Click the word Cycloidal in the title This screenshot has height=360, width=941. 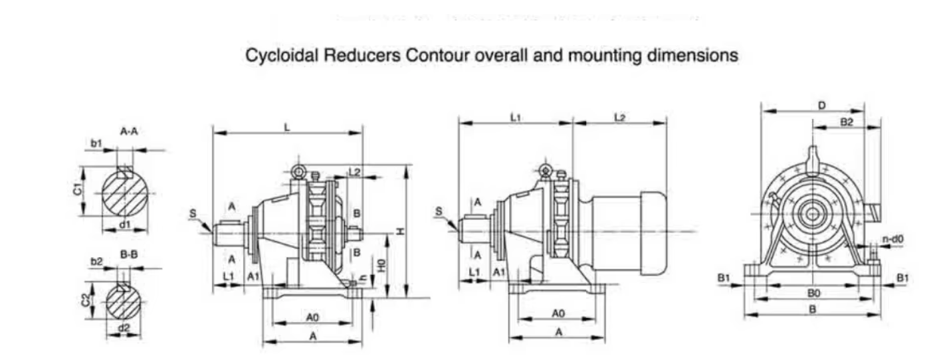click(282, 56)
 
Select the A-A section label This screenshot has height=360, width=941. click(129, 132)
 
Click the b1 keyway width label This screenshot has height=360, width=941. click(97, 143)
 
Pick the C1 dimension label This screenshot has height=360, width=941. click(78, 190)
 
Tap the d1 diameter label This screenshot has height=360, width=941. click(125, 225)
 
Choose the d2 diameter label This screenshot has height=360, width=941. click(124, 328)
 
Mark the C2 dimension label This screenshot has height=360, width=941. click(85, 300)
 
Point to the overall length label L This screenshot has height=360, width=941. click(287, 126)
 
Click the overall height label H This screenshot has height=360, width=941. click(399, 230)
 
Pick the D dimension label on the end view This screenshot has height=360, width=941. click(822, 105)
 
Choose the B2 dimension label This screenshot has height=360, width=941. click(846, 122)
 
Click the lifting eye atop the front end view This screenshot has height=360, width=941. click(813, 158)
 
